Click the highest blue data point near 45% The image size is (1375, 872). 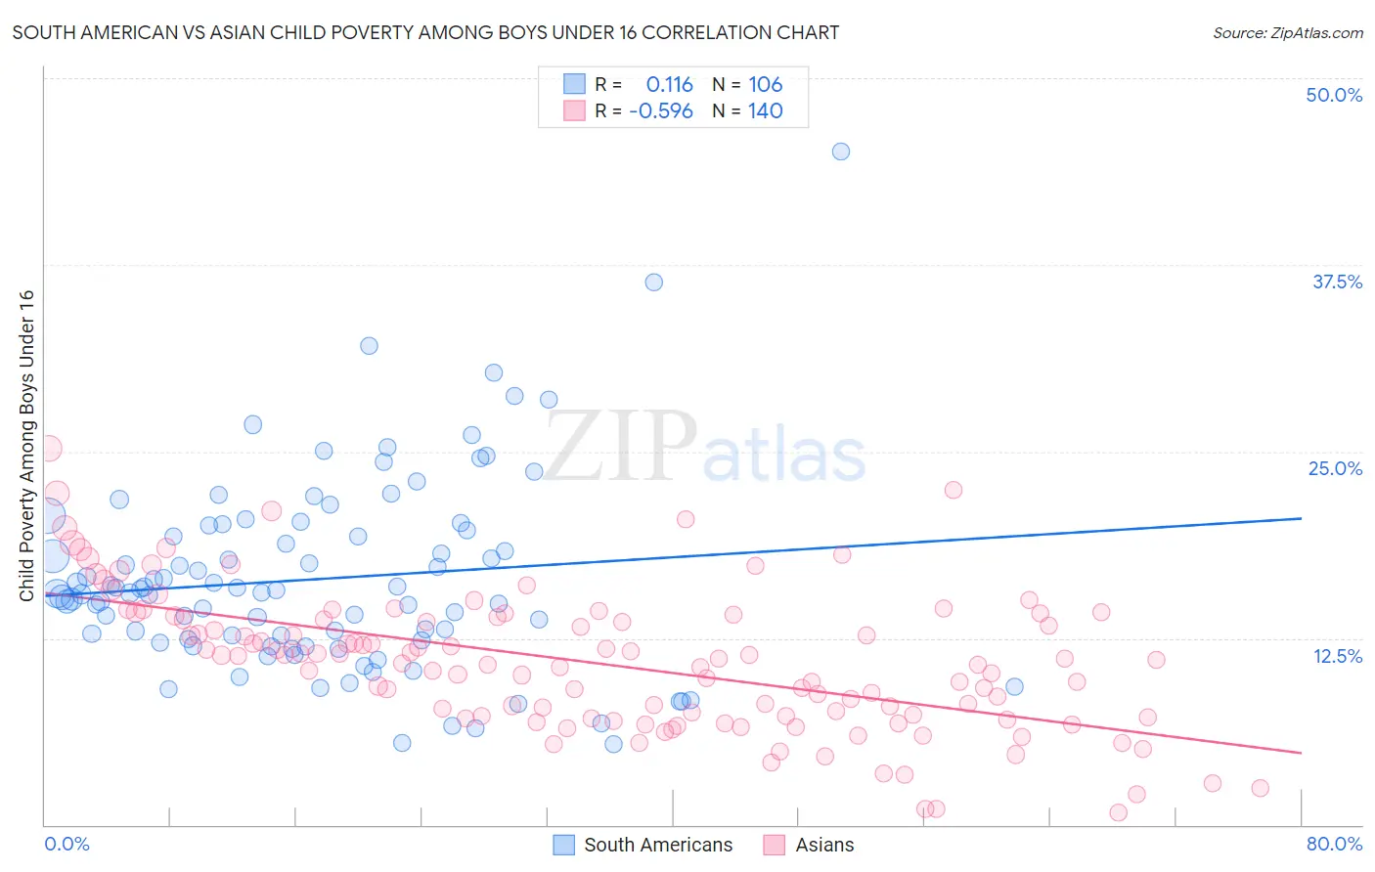[840, 152]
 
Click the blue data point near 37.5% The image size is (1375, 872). [653, 283]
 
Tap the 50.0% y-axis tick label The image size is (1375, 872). [1334, 95]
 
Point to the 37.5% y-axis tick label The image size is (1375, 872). [1337, 282]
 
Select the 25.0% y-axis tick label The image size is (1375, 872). [1335, 468]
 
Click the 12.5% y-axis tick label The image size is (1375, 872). [1337, 656]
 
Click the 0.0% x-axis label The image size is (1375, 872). [67, 845]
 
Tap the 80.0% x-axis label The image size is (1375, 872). [1334, 845]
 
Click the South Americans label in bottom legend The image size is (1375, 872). [657, 846]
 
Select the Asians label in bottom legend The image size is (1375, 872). [824, 846]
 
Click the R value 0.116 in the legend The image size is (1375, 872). [669, 85]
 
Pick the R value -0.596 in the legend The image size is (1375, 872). [661, 111]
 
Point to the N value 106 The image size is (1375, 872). [766, 85]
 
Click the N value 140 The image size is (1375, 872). [766, 111]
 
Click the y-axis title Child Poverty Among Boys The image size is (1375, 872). [26, 446]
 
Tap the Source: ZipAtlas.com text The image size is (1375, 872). [1287, 33]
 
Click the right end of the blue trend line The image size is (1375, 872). [1301, 518]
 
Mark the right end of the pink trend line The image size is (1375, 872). [1301, 753]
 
